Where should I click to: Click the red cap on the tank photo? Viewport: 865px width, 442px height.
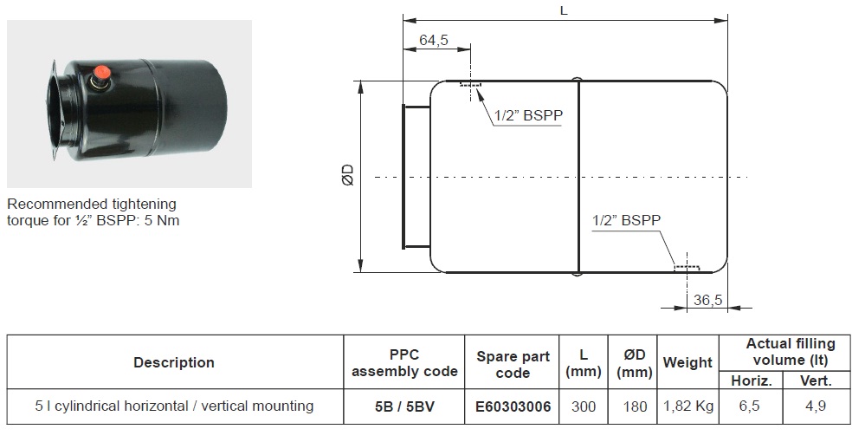coord(101,73)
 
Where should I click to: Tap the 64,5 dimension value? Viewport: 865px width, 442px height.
coord(434,40)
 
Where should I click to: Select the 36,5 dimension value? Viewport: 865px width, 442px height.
coord(707,300)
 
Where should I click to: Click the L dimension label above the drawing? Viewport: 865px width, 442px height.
coord(563,10)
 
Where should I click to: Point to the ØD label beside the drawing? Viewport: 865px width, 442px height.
coord(348,175)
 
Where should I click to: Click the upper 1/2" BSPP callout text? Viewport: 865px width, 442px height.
coord(528,115)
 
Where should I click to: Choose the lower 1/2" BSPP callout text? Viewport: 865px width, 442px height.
coord(626,220)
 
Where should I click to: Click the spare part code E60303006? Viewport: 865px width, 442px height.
coord(513,406)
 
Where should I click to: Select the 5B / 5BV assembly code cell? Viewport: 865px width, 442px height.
coord(404,406)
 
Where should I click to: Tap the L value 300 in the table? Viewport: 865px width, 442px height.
coord(583,406)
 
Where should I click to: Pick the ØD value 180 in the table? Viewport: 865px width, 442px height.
coord(635,406)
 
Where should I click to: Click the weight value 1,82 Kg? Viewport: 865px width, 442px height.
coord(687,406)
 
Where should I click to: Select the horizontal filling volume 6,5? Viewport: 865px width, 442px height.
coord(749,406)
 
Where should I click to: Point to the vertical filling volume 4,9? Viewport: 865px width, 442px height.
coord(816,406)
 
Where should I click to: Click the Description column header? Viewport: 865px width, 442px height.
coord(174,362)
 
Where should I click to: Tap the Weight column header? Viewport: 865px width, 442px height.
coord(687,362)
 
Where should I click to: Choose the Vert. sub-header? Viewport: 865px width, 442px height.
coord(816,380)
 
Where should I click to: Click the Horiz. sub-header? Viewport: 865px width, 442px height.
coord(751,380)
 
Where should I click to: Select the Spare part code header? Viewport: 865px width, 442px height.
coord(513,365)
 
